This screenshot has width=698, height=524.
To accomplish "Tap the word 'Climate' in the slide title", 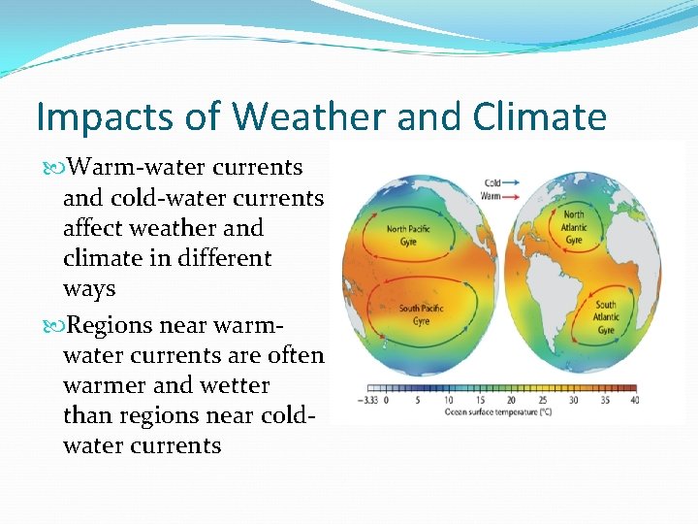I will tap(540, 117).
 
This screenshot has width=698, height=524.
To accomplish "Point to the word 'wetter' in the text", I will tap(235, 385).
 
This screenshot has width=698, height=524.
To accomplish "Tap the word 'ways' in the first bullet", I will tap(89, 289).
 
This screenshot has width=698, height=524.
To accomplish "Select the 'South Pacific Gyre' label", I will tap(422, 314).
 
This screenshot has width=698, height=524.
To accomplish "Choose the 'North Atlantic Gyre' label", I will tap(574, 227).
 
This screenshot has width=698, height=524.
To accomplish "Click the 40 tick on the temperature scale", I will tap(634, 399).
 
